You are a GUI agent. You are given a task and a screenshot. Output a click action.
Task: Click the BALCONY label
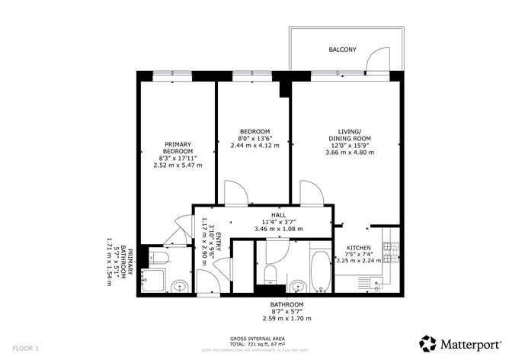[x=342, y=50]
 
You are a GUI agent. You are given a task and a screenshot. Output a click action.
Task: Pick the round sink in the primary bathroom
[x=180, y=287]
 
